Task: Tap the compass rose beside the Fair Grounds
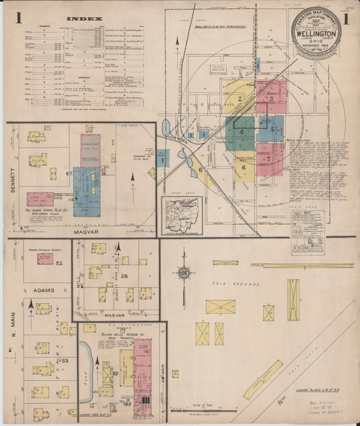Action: [x=183, y=273]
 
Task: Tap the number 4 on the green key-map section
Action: [x=240, y=132]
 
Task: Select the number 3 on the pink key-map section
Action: [x=271, y=99]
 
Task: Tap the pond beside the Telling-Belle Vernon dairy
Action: [x=86, y=357]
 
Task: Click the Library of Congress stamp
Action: [x=324, y=410]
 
